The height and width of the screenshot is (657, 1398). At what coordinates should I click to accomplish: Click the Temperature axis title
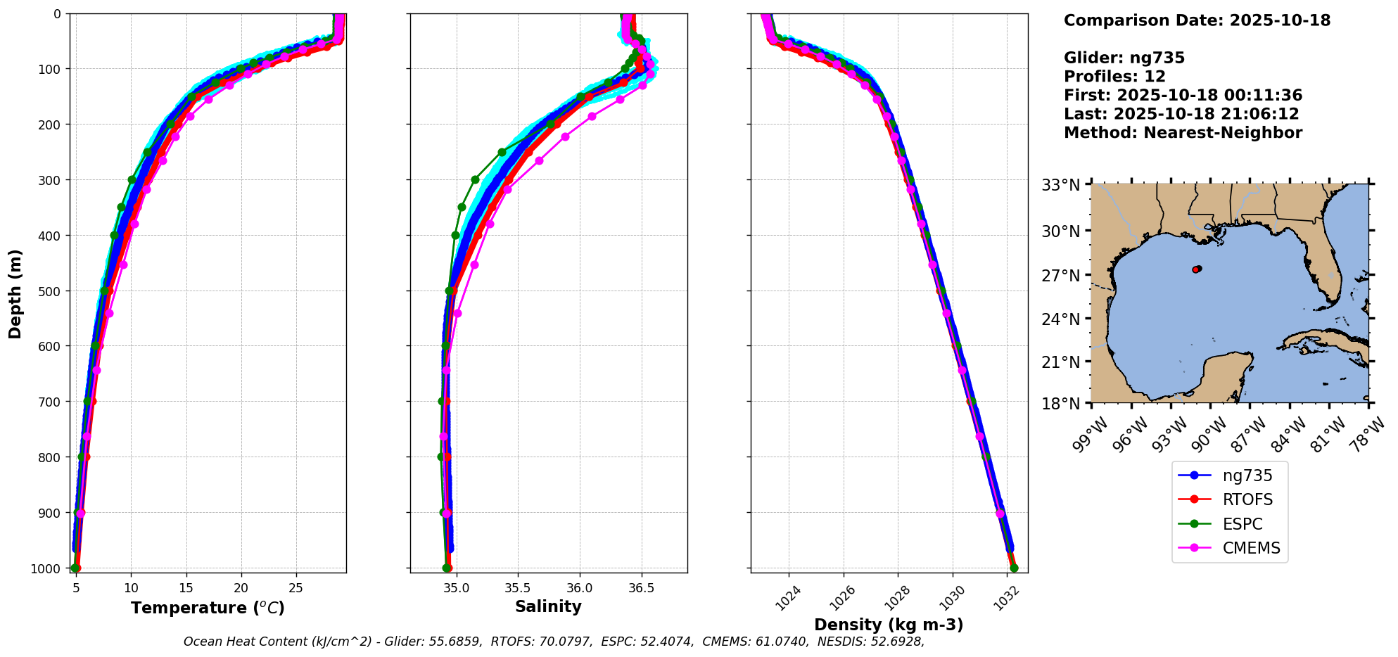(208, 608)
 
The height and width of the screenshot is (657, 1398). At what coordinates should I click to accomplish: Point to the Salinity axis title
(548, 606)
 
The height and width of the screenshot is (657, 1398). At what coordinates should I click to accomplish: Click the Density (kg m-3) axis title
(889, 625)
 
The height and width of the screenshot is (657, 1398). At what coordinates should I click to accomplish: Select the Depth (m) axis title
(15, 293)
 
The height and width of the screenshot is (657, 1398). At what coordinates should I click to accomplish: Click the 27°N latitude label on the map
(1060, 276)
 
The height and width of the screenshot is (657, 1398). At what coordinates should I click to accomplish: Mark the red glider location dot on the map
(1197, 269)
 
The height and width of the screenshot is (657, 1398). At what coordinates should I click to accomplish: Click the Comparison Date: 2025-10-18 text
(1197, 20)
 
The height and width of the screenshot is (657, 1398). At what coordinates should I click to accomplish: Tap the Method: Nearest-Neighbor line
(1183, 133)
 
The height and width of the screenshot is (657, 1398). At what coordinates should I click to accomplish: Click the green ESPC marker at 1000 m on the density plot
(1014, 568)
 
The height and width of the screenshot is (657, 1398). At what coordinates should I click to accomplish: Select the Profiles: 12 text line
(1114, 77)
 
